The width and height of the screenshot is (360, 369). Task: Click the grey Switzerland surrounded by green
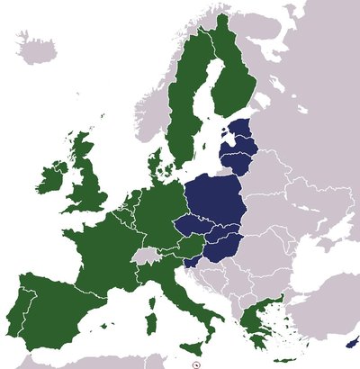(144, 256)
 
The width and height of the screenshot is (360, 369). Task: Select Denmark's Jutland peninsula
(155, 163)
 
